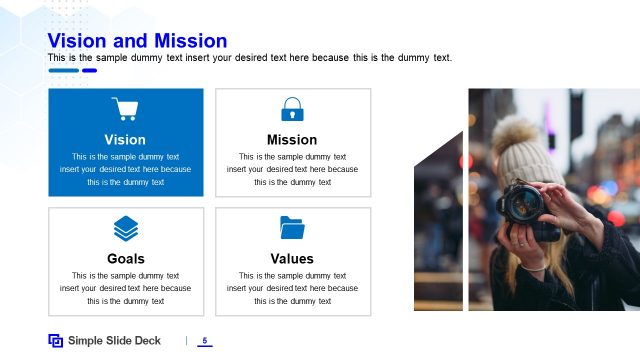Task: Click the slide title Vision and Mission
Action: (x=137, y=41)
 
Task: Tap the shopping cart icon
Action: (x=125, y=109)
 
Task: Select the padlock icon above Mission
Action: (x=292, y=109)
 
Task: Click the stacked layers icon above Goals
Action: (x=125, y=228)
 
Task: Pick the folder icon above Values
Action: (x=292, y=228)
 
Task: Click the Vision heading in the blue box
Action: (x=125, y=140)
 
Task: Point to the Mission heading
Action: (x=292, y=140)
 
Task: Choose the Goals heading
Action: (x=125, y=259)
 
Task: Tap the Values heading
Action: (x=292, y=259)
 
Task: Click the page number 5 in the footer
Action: (x=204, y=341)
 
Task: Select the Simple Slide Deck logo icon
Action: (x=56, y=341)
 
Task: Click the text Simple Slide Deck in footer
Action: (x=114, y=341)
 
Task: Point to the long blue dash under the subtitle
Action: (x=63, y=71)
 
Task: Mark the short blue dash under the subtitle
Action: (x=89, y=71)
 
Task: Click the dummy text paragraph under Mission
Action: (x=292, y=169)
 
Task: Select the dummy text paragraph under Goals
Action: (x=125, y=288)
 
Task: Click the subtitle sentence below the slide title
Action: (x=250, y=58)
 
